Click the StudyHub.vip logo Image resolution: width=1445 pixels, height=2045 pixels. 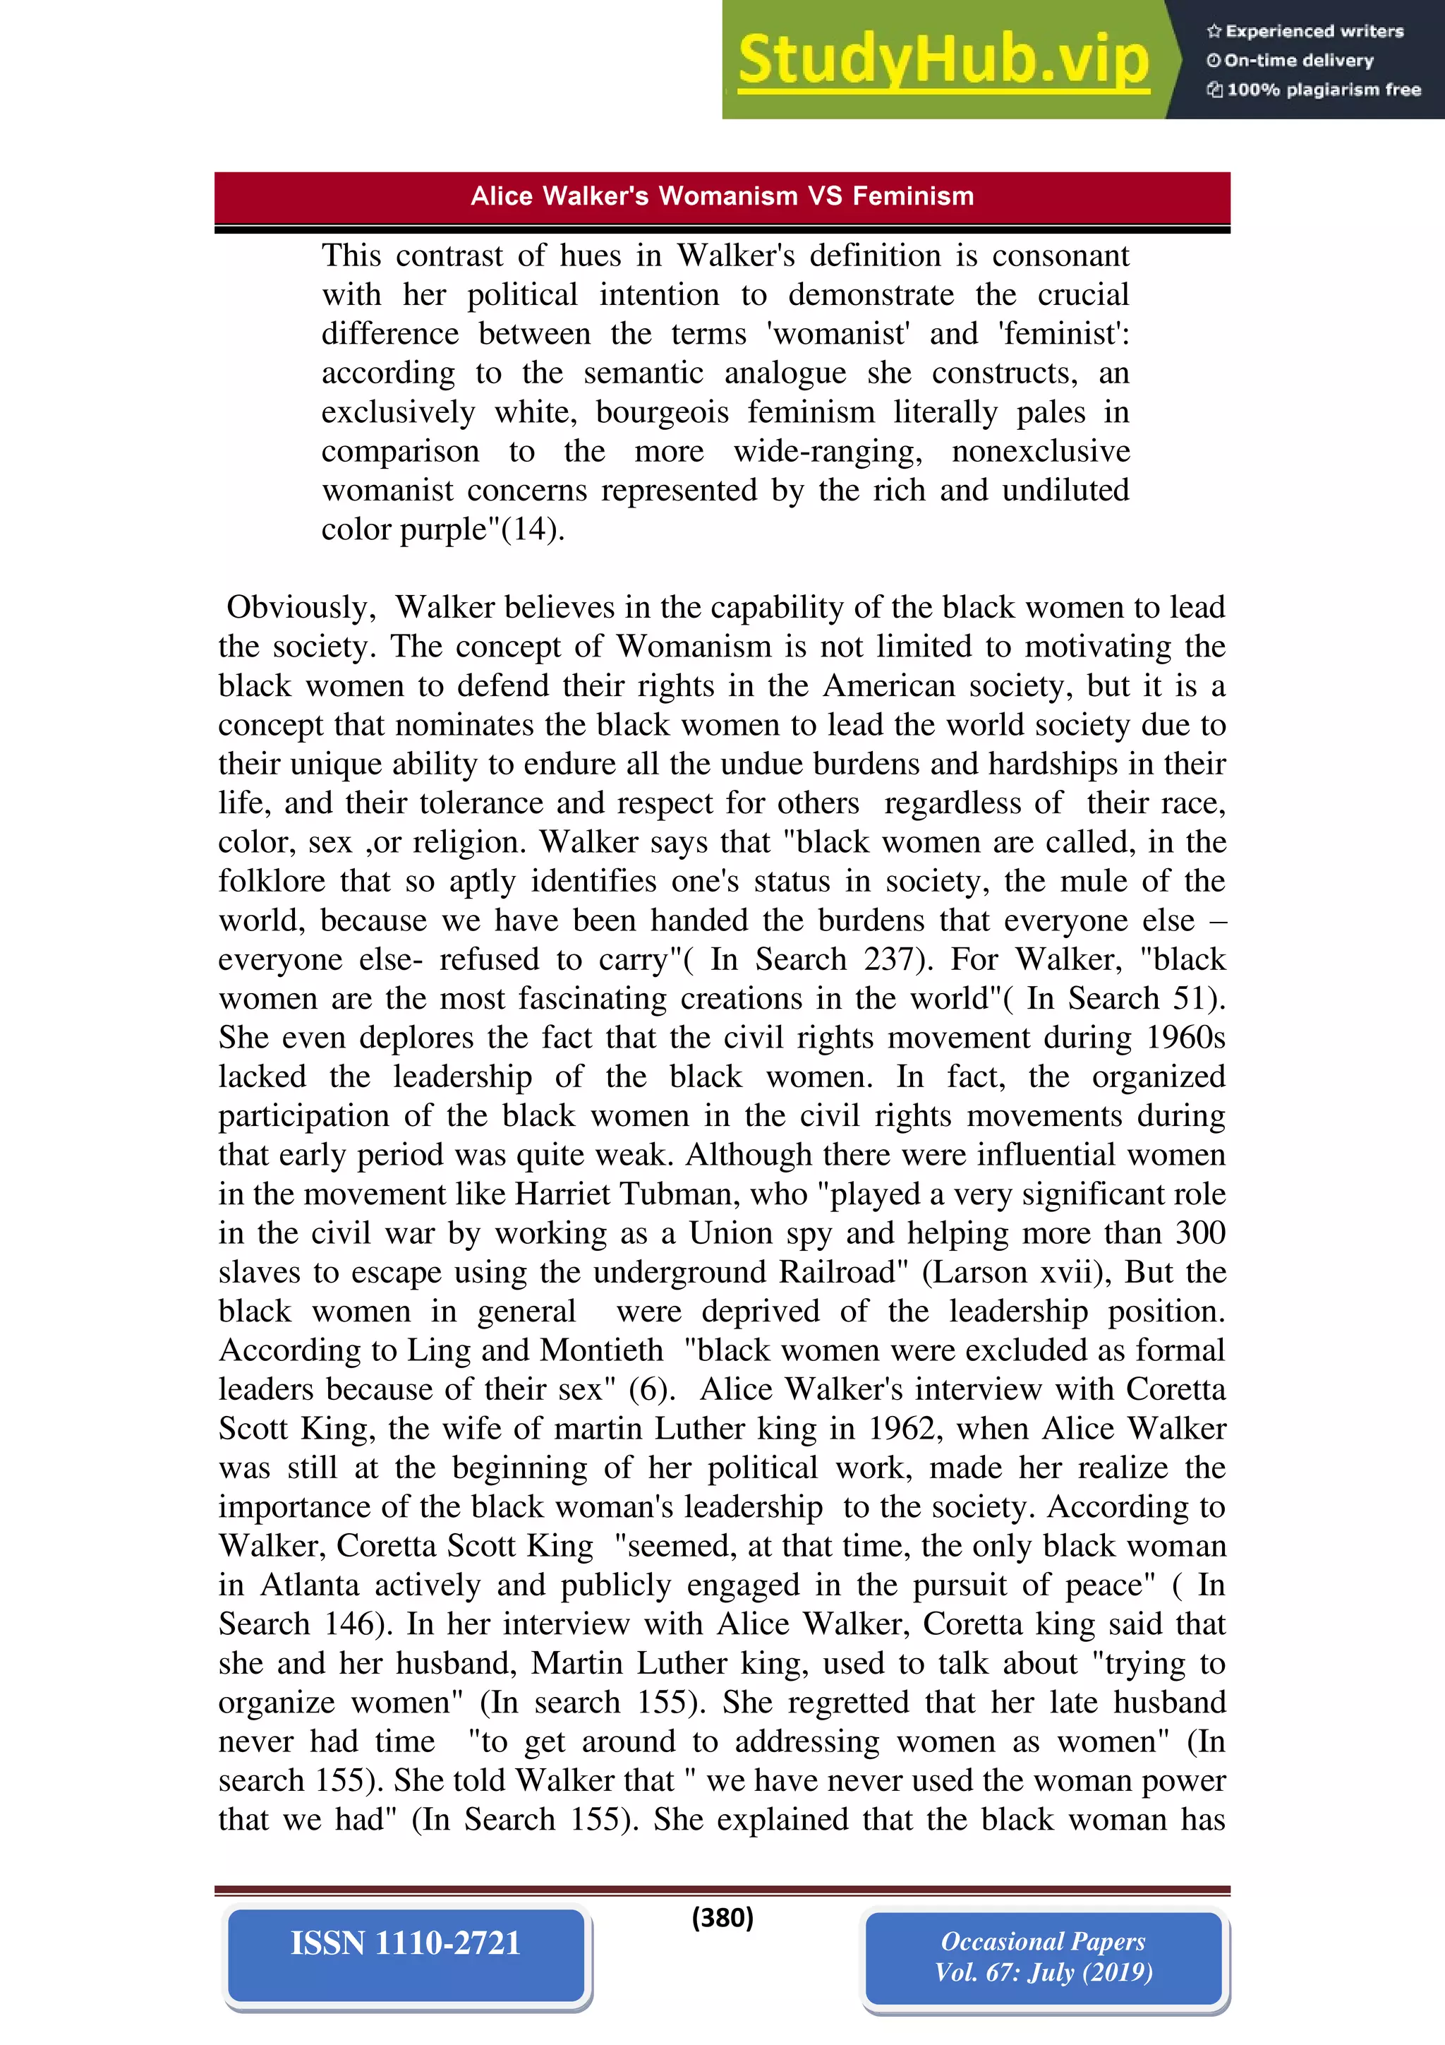click(944, 60)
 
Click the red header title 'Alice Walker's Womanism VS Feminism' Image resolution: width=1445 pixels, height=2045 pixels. click(722, 196)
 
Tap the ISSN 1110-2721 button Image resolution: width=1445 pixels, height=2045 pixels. click(406, 1943)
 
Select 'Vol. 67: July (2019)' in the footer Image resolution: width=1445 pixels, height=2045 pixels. click(1043, 1972)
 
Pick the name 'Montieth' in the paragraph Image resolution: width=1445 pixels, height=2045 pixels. click(601, 1351)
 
